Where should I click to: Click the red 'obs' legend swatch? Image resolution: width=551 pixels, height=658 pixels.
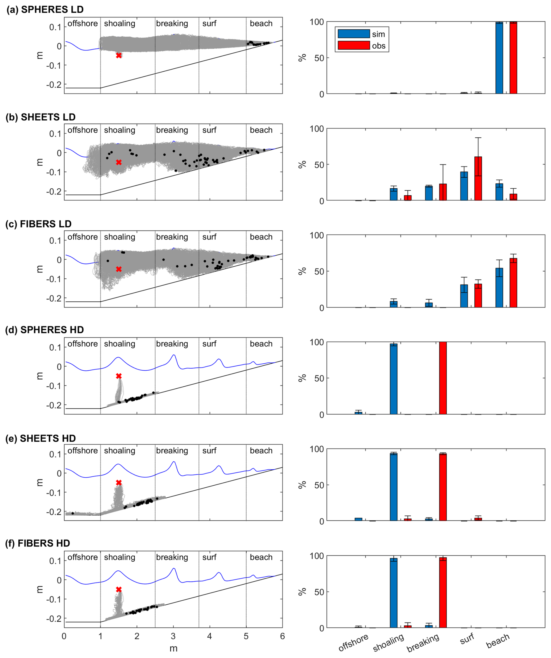click(354, 45)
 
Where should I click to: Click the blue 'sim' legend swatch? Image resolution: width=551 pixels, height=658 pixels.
click(354, 33)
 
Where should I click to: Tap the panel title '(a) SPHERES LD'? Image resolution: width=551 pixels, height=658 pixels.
click(45, 9)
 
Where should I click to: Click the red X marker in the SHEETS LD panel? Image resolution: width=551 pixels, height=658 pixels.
click(119, 162)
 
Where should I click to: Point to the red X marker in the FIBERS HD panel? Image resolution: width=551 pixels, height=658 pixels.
click(119, 589)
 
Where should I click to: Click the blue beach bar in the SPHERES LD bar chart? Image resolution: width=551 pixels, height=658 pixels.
click(499, 58)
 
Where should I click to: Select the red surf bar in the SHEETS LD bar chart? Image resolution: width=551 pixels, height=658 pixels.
click(478, 178)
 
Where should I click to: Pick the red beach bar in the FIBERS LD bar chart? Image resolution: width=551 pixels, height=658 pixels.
click(513, 283)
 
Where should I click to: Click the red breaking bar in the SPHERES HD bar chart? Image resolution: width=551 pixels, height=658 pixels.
click(443, 378)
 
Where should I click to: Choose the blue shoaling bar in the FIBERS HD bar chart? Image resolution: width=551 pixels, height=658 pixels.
click(394, 592)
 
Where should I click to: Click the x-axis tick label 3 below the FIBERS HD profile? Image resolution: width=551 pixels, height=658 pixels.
click(173, 636)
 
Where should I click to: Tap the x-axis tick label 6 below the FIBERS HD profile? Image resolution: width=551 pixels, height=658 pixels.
click(282, 636)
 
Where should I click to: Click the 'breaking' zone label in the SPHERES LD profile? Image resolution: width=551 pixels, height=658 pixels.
click(172, 24)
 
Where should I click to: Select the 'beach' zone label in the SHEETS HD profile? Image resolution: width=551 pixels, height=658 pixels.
click(261, 451)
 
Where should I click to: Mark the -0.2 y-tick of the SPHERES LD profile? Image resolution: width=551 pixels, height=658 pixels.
click(54, 85)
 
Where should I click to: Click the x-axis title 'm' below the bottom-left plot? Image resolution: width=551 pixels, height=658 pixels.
click(173, 648)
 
